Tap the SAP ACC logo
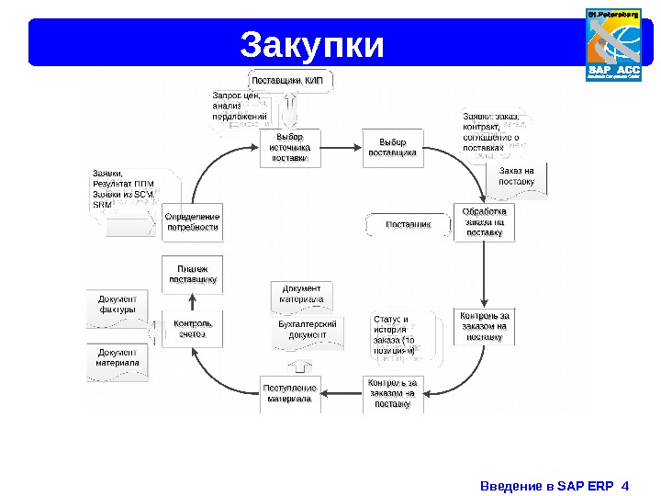click(x=614, y=44)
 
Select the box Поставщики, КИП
click(x=288, y=80)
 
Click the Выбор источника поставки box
click(x=291, y=147)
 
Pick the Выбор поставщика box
click(x=392, y=147)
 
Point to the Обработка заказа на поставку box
click(x=485, y=221)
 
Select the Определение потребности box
click(x=192, y=221)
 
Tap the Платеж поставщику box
click(x=192, y=274)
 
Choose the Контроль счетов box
click(x=192, y=329)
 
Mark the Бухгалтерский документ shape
click(x=308, y=332)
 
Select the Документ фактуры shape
click(x=118, y=306)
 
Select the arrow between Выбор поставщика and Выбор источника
click(x=342, y=147)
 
